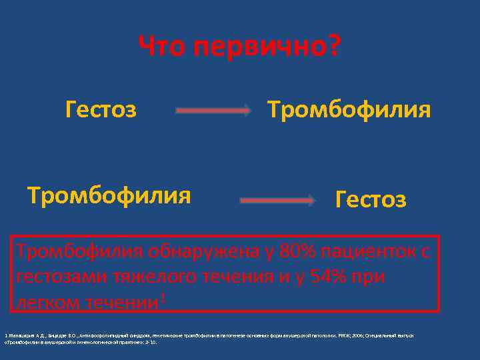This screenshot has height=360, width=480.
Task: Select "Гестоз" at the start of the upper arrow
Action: pos(101,108)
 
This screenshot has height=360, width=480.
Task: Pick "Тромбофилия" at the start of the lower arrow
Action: pos(109,195)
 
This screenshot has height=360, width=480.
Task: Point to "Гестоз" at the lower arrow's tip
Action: pos(371,199)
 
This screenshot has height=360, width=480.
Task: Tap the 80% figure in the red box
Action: pos(299,251)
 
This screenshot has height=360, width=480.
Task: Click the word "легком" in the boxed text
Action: pos(46,302)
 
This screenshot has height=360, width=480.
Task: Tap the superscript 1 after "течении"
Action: pos(163,296)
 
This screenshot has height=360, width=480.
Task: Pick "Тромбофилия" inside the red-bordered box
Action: pos(81,251)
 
